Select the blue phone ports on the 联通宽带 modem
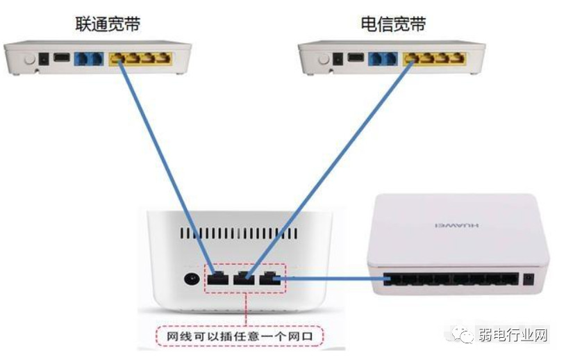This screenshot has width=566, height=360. tap(90, 59)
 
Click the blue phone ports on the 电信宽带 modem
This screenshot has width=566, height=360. tap(383, 59)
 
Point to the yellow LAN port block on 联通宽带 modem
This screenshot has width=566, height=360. tap(140, 59)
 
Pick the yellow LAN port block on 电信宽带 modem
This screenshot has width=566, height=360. tap(434, 59)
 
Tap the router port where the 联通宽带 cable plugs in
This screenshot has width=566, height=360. tap(217, 279)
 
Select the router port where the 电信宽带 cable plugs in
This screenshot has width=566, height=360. tap(243, 279)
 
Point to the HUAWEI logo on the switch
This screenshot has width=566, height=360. tap(453, 227)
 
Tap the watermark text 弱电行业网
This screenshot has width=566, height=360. tap(513, 336)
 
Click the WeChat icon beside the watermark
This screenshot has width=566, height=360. tap(464, 336)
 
